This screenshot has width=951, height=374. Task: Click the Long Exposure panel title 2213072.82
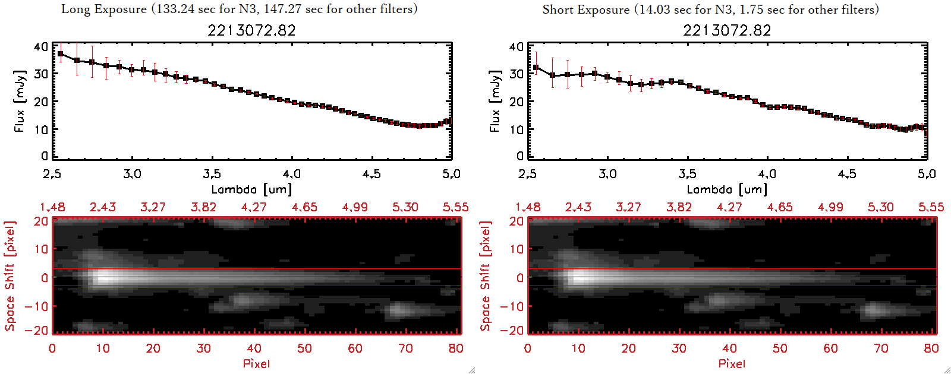point(251,30)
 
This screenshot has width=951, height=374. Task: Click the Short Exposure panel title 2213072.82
point(727,30)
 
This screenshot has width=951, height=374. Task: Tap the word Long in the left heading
point(75,9)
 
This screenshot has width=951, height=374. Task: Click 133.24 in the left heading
point(174,9)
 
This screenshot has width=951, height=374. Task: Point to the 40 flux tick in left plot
point(41,46)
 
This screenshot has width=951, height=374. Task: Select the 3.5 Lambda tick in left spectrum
point(212,174)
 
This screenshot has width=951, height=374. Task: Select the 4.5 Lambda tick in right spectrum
point(847,174)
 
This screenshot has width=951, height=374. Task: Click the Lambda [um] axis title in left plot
point(251,189)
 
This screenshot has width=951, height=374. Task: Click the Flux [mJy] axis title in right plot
point(495,101)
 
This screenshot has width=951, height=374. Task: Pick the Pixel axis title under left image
point(256,363)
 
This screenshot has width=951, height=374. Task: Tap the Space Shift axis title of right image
point(486,276)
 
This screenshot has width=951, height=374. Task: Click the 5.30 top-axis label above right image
point(880,207)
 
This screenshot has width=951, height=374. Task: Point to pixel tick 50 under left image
point(304,348)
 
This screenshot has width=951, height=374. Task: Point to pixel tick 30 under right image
point(679,348)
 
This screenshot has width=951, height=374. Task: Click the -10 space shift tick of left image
point(36,306)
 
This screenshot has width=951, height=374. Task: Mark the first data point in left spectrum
point(60,53)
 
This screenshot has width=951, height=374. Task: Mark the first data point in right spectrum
point(536,68)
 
